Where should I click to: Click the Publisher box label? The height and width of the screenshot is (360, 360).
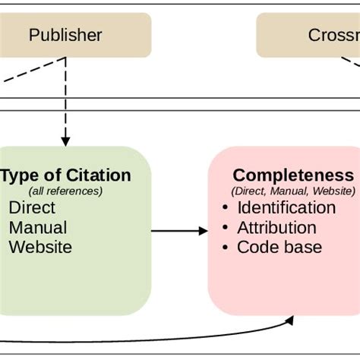[x=65, y=35]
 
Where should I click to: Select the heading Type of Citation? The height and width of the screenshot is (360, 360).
[x=66, y=175]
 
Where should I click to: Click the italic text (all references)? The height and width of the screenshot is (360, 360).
[x=65, y=191]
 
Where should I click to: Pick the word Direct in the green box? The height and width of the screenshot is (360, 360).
[x=31, y=208]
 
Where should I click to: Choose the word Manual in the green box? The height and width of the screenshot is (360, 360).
[x=37, y=228]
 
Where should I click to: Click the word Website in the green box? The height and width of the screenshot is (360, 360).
[x=40, y=248]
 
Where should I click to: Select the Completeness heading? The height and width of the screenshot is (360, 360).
[x=293, y=175]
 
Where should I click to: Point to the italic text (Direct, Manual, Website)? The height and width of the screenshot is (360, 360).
[x=293, y=191]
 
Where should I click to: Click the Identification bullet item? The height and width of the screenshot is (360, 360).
[x=286, y=208]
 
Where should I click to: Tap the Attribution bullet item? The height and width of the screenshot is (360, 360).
[x=276, y=228]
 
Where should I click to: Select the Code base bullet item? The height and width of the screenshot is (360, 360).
[x=279, y=248]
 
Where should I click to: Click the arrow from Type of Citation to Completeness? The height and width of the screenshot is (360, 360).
[x=179, y=230]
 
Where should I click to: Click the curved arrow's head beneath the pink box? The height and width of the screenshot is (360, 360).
[x=291, y=321]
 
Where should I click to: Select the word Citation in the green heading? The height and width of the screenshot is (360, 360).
[x=99, y=175]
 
